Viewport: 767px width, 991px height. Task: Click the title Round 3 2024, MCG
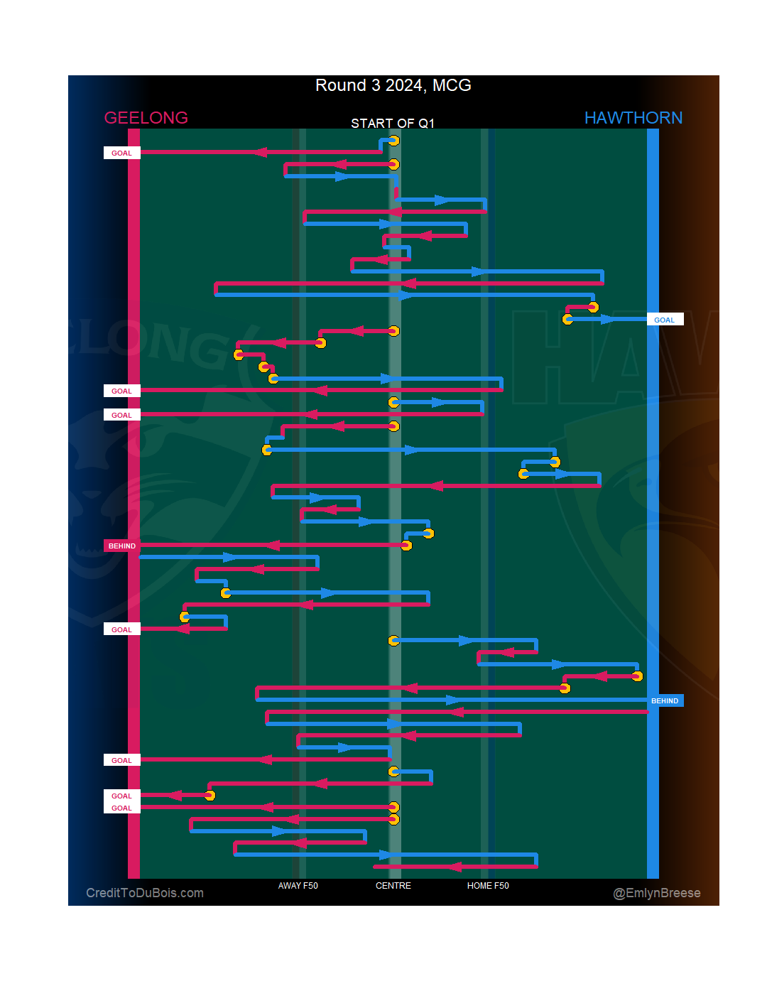coord(393,85)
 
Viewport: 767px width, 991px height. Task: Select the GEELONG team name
coord(146,118)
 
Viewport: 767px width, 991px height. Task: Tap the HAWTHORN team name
coord(633,118)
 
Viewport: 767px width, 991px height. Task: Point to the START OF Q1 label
coord(392,124)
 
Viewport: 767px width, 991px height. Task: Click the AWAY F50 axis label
coord(298,886)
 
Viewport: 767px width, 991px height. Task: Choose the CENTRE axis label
coord(393,886)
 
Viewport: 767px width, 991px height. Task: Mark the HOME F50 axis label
coord(488,886)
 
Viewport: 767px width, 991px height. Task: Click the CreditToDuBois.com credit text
coord(145,893)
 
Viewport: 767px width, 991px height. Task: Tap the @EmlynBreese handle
coord(656,893)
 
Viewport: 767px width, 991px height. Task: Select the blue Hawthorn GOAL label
coord(665,320)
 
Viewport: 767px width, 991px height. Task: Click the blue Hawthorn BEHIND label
coord(665,700)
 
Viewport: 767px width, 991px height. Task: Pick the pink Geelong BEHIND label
coord(122,546)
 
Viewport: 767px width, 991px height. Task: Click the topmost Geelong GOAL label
coord(122,153)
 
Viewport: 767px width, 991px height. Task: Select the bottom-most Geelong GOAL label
coord(122,808)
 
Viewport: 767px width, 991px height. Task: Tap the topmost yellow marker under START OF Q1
coord(393,141)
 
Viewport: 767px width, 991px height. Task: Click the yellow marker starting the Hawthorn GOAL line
coord(567,319)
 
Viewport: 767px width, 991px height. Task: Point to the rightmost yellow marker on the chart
coord(637,676)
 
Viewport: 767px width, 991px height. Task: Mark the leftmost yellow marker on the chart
coord(185,617)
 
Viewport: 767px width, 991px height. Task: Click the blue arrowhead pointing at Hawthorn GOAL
coord(608,319)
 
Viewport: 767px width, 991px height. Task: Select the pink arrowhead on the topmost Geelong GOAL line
coord(261,152)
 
